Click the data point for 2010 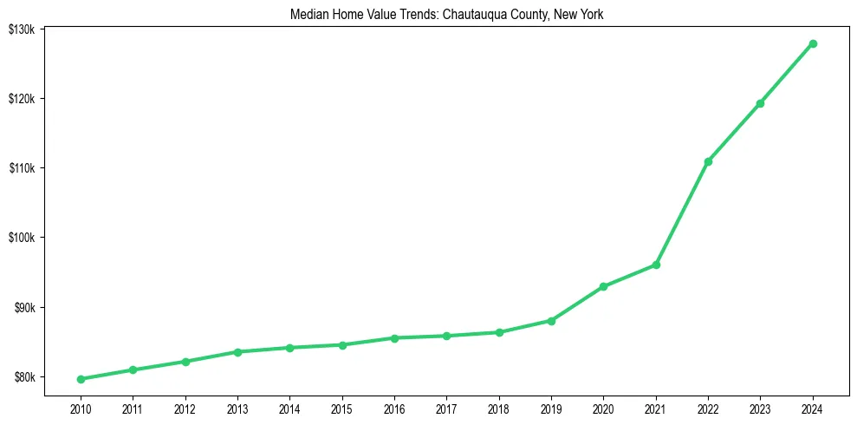tap(81, 379)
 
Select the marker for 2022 tap(708, 161)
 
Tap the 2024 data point tap(813, 43)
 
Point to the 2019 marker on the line tap(551, 321)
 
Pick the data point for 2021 tap(656, 265)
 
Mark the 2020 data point tap(603, 286)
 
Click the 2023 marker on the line tap(760, 103)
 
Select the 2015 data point tap(342, 345)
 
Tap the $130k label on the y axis tap(22, 29)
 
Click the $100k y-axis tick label tap(22, 238)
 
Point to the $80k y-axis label tap(24, 377)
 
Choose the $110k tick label tap(22, 167)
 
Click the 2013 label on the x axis tap(237, 409)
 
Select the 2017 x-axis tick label tap(446, 409)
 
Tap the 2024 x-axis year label tap(813, 409)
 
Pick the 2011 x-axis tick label tap(133, 409)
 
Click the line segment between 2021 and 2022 tap(682, 213)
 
